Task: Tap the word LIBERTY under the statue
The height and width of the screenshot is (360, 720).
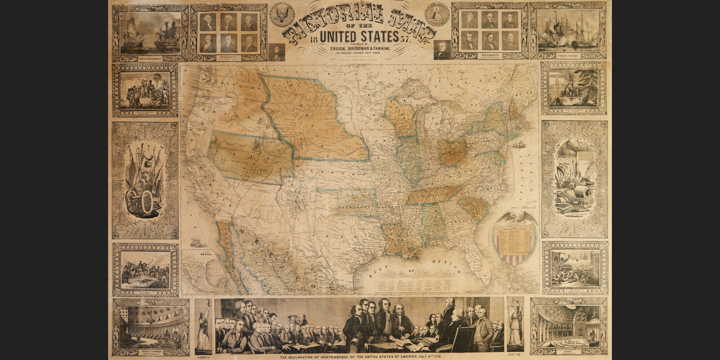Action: (x=203, y=357)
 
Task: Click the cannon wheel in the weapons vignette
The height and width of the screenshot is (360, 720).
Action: (x=148, y=202)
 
